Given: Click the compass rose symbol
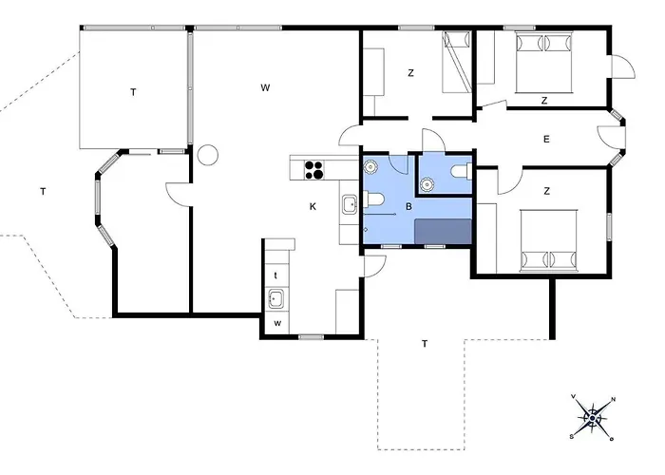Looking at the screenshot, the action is click(x=593, y=419).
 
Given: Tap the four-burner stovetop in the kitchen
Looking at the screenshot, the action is click(x=314, y=170).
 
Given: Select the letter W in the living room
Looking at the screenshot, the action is click(x=265, y=87).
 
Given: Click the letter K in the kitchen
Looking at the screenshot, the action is click(x=313, y=206).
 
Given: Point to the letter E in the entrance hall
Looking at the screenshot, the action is click(x=546, y=139).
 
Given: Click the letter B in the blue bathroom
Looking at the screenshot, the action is click(x=408, y=206).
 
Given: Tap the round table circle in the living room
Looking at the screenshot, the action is click(x=208, y=155).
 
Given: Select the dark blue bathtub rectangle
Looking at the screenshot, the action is click(x=443, y=232).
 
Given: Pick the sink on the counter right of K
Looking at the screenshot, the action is click(x=350, y=204).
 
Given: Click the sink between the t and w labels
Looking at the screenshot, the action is click(x=276, y=299).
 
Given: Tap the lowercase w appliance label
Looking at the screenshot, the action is click(x=277, y=324).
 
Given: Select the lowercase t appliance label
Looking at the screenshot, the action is click(x=275, y=275).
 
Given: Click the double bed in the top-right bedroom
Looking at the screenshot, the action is click(x=543, y=62).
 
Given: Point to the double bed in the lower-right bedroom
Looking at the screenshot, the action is click(x=549, y=240).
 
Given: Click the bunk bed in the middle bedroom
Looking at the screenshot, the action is click(x=457, y=62).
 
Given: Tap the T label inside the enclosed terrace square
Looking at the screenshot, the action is click(x=133, y=92).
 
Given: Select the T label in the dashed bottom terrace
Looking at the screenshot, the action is click(x=425, y=344).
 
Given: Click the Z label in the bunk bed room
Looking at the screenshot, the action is click(x=410, y=73).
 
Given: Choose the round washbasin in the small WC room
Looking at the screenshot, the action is click(x=427, y=184).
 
